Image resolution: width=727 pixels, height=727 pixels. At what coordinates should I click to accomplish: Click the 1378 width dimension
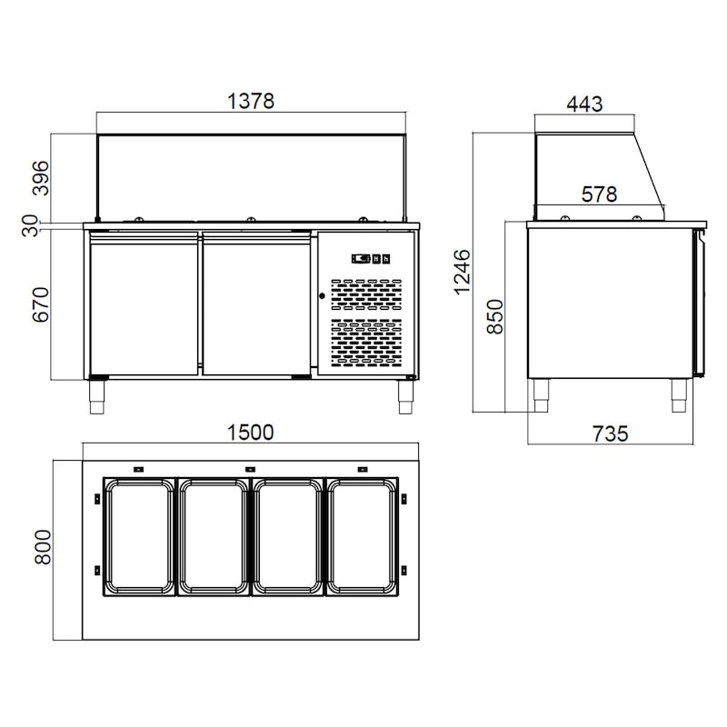click(251, 101)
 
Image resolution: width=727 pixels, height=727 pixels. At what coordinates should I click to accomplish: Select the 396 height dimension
click(40, 178)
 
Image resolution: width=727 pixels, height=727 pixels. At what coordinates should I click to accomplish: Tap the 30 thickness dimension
click(30, 225)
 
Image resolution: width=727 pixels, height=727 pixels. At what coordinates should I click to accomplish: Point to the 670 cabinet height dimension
click(40, 304)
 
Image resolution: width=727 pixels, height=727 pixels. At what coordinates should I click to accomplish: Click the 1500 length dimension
click(251, 433)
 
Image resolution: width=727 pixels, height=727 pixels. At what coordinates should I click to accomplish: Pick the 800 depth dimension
click(43, 547)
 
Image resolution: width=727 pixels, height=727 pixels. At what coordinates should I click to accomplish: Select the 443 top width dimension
click(584, 104)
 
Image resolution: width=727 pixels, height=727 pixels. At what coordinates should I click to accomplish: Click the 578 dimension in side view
click(599, 194)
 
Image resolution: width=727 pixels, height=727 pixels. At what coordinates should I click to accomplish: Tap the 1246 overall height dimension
click(462, 272)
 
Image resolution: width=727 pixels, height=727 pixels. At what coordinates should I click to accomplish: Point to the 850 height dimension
click(494, 316)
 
